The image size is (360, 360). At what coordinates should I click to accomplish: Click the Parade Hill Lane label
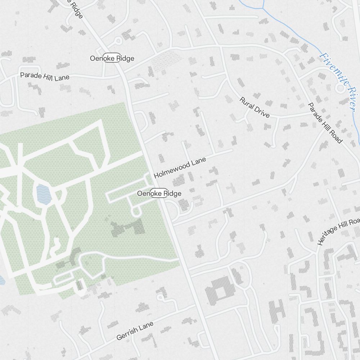45,76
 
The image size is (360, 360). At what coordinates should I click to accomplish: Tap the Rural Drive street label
255,107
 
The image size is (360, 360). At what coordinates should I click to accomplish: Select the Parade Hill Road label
325,123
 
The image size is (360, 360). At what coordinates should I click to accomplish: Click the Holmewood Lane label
180,168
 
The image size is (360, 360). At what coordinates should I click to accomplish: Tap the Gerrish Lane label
135,331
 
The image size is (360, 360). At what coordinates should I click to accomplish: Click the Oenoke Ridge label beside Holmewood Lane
159,193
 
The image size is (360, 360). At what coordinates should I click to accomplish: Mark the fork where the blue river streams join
263,8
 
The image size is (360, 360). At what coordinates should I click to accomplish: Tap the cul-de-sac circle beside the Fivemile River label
339,88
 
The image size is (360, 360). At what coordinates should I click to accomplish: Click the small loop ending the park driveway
136,212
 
